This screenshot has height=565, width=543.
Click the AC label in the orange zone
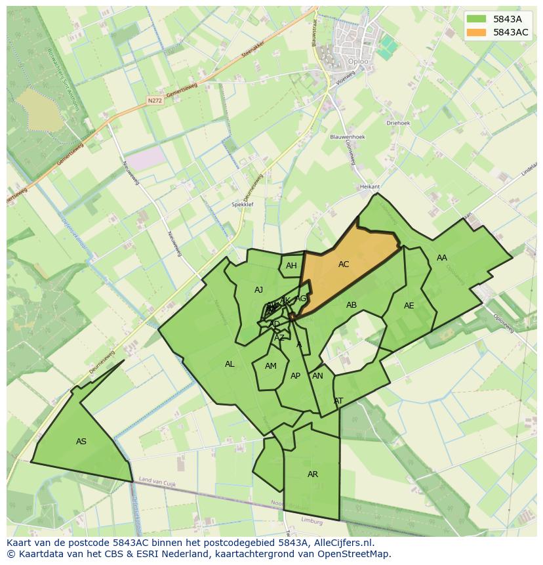pos(344,264)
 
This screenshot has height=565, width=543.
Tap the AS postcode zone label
pos(81,442)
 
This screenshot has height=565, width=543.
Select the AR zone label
pos(313,474)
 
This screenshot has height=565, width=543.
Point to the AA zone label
pos(442,258)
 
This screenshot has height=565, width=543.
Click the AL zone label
pos(230,364)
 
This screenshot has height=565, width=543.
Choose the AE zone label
pos(409,306)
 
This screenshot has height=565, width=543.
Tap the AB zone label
pos(352,305)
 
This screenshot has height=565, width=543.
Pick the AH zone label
pos(291,266)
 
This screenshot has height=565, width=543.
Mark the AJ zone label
pos(258,290)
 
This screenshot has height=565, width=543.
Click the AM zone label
pos(271,366)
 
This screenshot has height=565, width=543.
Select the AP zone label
pos(295,376)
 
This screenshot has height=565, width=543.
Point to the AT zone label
pos(338,401)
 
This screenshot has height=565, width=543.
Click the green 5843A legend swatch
pos(477,19)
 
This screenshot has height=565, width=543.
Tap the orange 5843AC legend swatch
pos(477,32)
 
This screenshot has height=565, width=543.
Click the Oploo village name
pos(358,62)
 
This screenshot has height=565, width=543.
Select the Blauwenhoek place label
pos(348,137)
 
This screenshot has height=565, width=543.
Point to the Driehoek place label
pos(398,123)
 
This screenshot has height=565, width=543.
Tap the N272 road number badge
pos(154,100)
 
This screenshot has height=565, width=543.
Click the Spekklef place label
pos(243,205)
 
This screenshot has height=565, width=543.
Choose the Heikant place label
pos(370,187)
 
